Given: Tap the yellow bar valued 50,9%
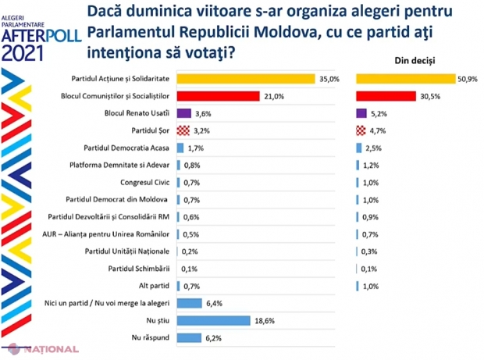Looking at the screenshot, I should (405, 79).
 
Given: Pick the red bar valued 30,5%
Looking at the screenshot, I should (386, 96).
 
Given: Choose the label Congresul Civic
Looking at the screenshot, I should (146, 182).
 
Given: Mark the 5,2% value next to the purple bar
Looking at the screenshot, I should (380, 113).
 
